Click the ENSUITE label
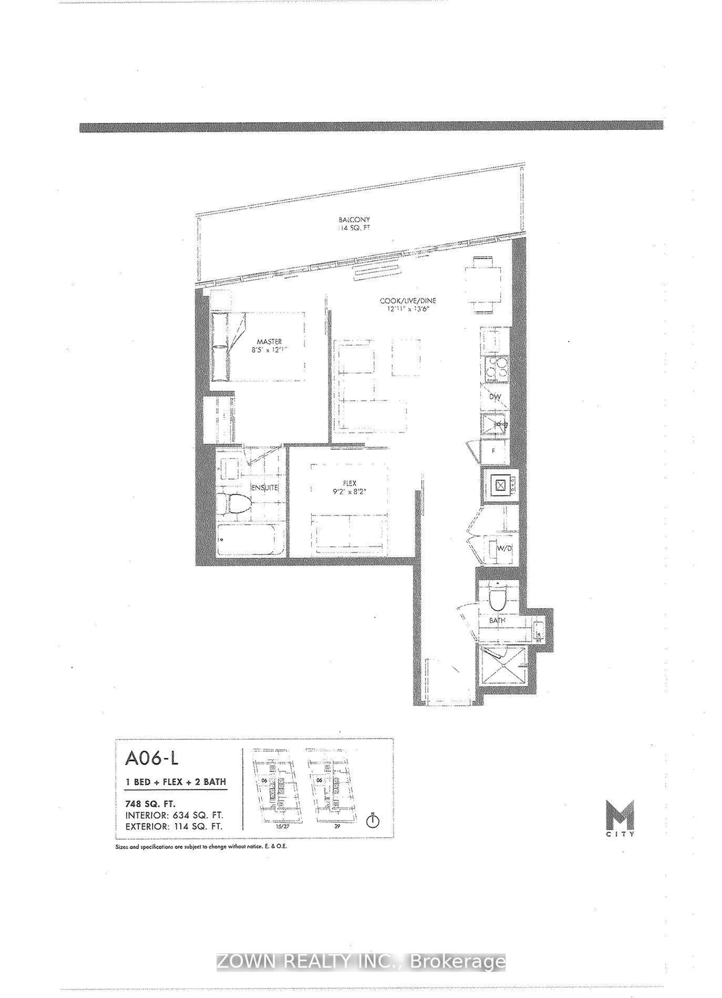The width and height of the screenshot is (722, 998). (264, 488)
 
